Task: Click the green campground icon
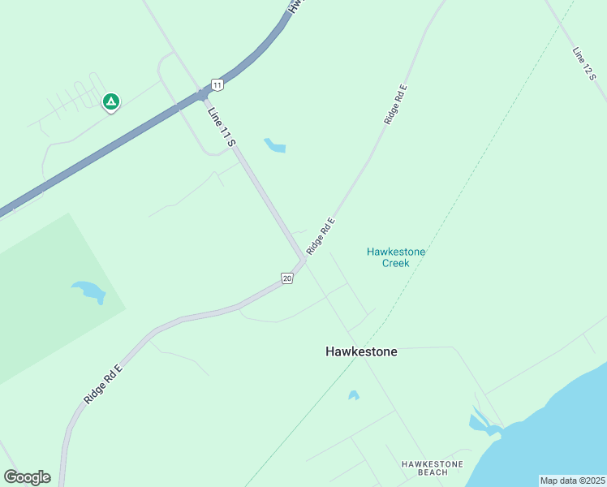[x=110, y=101]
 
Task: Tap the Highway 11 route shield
[x=217, y=84]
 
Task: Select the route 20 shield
[x=287, y=278]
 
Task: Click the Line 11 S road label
[x=221, y=127]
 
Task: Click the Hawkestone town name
[x=361, y=352]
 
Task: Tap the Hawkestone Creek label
[x=396, y=257]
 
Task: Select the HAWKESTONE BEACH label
[x=432, y=468]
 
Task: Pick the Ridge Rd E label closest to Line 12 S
[x=395, y=103]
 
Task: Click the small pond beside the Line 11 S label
[x=274, y=146]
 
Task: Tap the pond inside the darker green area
[x=88, y=291]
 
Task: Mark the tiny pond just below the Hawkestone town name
[x=353, y=395]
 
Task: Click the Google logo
[x=27, y=477]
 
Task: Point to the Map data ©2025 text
[x=572, y=481]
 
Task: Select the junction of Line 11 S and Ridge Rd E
[x=304, y=260]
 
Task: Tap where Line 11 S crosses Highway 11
[x=201, y=96]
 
